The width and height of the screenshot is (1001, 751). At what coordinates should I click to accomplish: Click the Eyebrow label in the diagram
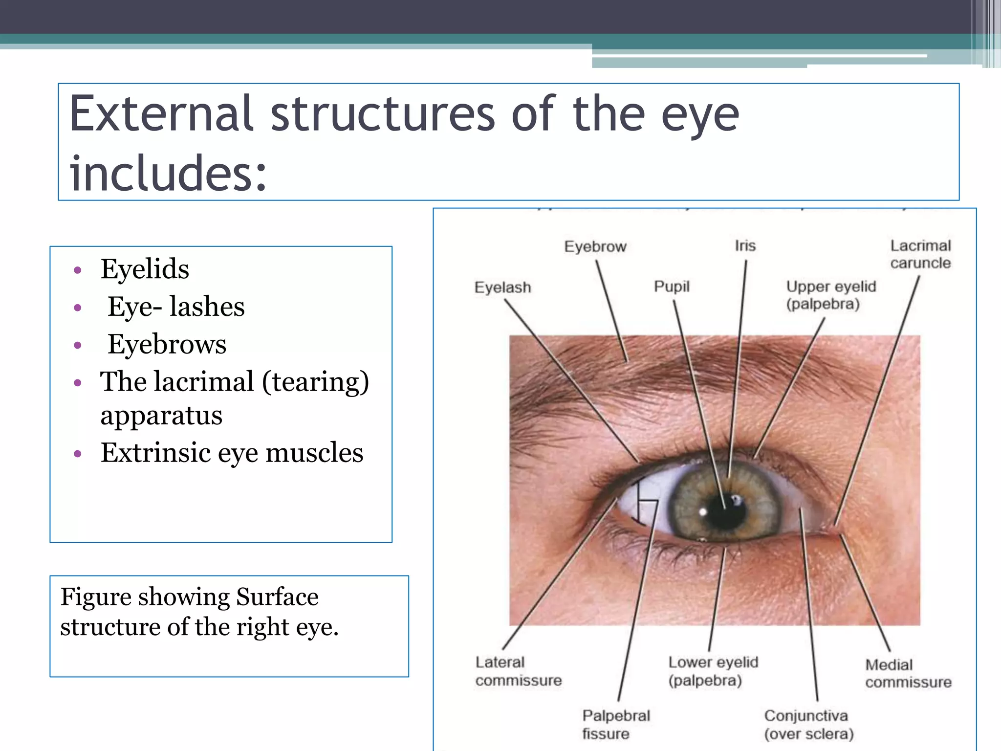[595, 246]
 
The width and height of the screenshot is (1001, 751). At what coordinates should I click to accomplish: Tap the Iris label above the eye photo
[745, 245]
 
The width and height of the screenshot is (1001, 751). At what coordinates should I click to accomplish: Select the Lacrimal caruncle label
[920, 254]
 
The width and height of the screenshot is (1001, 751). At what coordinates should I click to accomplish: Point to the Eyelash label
[502, 287]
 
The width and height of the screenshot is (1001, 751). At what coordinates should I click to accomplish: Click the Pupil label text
[672, 287]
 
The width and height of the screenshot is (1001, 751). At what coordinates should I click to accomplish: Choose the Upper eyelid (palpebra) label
[830, 295]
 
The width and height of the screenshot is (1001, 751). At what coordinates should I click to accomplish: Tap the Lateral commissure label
[518, 671]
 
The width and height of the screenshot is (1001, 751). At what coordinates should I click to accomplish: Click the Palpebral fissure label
[616, 725]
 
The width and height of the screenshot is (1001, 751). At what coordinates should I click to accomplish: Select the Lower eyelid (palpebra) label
[713, 671]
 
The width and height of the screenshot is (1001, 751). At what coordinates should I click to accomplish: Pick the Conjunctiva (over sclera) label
[808, 725]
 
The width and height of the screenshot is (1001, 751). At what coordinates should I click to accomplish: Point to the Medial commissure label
[908, 673]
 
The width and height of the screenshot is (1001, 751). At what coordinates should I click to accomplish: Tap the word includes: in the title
[168, 174]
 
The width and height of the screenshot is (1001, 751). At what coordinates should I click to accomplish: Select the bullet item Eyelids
[145, 269]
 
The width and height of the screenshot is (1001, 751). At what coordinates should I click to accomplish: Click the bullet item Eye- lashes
[176, 307]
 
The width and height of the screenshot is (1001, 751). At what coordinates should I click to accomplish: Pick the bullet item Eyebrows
[167, 344]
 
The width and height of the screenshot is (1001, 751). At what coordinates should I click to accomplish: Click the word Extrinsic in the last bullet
[155, 452]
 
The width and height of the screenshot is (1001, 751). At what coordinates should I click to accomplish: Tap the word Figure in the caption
[96, 597]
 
